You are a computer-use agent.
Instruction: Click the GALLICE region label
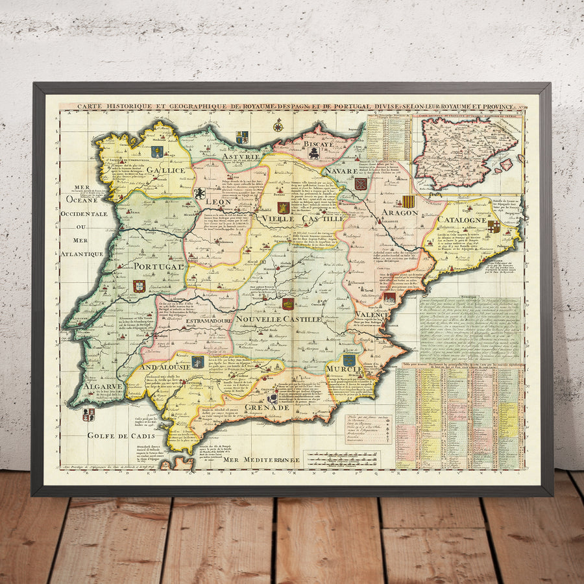(x=165, y=170)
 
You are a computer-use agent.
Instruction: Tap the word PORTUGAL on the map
(x=160, y=266)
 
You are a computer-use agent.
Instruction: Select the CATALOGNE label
(x=461, y=220)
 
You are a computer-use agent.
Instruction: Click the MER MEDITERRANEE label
(x=263, y=460)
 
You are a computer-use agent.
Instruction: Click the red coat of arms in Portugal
(x=139, y=286)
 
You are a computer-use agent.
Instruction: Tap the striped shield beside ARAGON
(x=408, y=201)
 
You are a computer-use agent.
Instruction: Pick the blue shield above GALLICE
(x=156, y=152)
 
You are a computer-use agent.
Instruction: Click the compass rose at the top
(x=278, y=125)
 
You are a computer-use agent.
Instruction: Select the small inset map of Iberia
(x=466, y=153)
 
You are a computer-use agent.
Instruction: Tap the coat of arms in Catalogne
(x=494, y=226)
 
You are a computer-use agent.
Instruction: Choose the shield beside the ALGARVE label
(x=89, y=413)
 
